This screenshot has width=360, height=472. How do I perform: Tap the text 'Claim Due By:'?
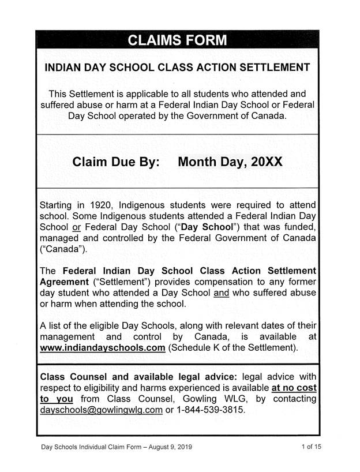click(x=116, y=162)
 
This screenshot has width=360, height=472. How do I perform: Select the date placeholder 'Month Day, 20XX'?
click(x=230, y=162)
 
